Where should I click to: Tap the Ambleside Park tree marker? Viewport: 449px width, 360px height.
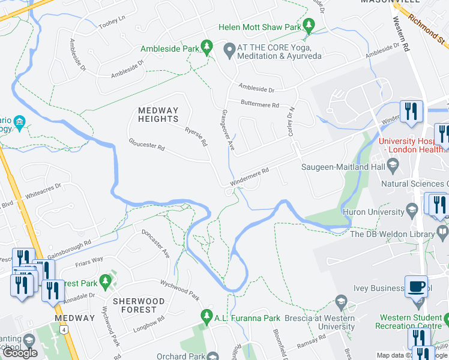[x=207, y=46]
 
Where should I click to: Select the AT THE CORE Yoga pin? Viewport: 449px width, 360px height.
[x=228, y=49]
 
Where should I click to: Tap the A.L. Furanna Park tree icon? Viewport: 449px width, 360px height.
[x=207, y=315]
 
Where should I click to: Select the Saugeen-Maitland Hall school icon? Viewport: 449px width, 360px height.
[x=393, y=164]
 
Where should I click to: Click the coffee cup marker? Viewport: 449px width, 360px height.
[x=416, y=286]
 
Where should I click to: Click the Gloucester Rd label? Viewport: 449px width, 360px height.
[x=146, y=145]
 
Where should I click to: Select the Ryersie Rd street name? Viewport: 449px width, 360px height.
[x=196, y=137]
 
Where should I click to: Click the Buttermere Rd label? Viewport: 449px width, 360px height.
[x=260, y=104]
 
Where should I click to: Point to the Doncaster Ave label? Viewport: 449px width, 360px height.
[x=155, y=243]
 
